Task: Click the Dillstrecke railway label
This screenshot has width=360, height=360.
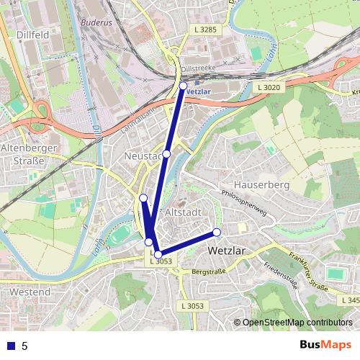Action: click(x=199, y=67)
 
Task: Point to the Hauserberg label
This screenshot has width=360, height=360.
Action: click(x=261, y=185)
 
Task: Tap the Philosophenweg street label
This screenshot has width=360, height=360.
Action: click(x=244, y=204)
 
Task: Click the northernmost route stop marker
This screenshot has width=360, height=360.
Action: click(x=183, y=85)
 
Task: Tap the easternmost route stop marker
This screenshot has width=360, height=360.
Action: click(x=216, y=232)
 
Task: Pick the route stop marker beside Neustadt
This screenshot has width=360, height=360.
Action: click(x=166, y=154)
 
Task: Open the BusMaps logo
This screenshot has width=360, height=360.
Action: click(x=325, y=346)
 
